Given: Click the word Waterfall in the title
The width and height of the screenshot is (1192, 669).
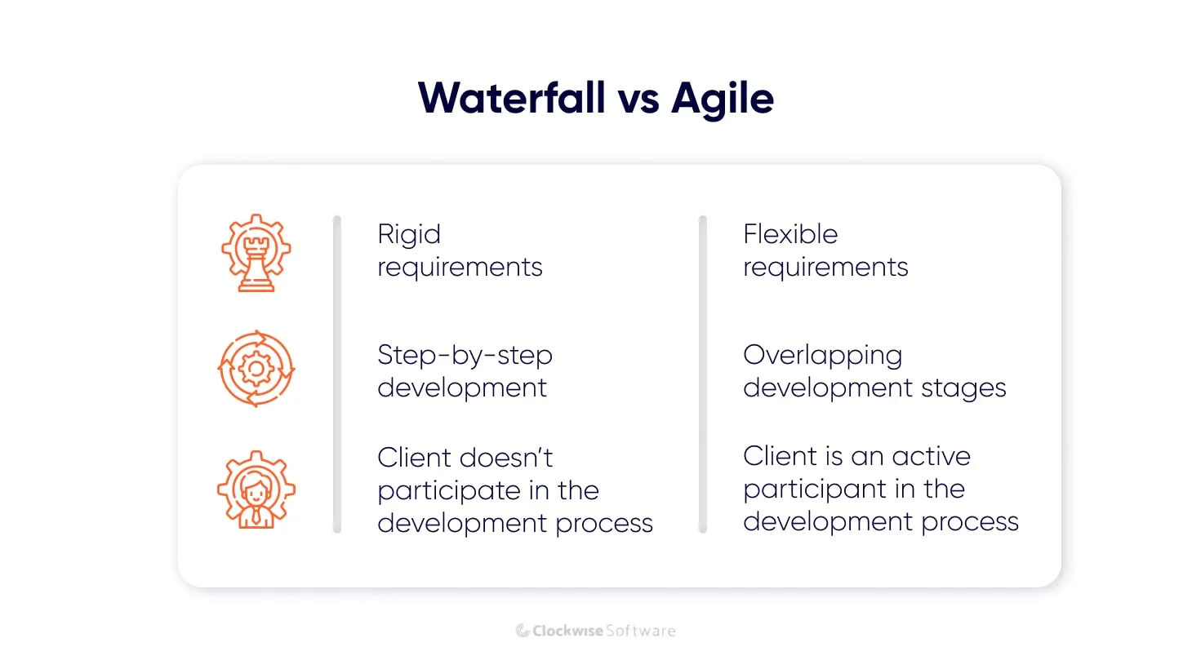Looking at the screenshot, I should pos(512,98).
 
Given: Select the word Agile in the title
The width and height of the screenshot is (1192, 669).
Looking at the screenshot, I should pos(722,100).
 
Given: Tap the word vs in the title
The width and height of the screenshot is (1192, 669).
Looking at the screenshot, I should pos(638,100).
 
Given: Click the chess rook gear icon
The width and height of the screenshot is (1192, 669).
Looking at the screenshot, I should pos(256,253).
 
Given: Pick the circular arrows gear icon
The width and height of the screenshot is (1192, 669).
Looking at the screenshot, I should pos(256,369).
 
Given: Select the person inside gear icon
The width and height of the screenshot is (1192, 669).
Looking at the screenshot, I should pos(256,490).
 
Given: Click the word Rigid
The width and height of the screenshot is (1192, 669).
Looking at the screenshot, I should pos(409,235).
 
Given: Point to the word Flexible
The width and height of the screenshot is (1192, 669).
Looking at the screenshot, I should pos(790,234).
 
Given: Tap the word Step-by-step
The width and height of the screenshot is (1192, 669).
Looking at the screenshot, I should pos(465,356).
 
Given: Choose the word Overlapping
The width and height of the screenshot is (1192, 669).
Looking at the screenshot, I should pos(822,356).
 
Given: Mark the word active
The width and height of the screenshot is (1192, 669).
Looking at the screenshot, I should pos(931,456).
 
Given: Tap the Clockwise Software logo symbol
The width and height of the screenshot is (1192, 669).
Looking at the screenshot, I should pos(523,631).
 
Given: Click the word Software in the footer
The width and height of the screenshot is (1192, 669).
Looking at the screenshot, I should pos(641,631).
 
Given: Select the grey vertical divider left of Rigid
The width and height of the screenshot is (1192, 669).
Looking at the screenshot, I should pos(337,374).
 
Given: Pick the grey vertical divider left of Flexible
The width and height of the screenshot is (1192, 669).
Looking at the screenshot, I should pos(703,374).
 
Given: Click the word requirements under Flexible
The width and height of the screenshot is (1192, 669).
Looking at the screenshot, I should pos(825,268).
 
